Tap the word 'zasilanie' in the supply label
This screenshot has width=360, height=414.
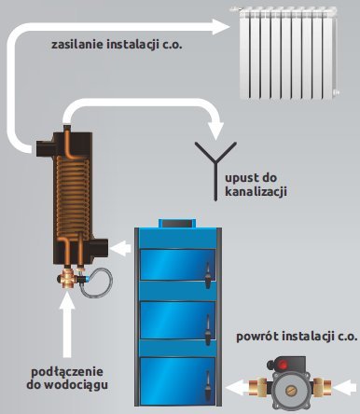point(78,44)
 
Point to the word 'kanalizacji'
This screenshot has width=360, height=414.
point(256,191)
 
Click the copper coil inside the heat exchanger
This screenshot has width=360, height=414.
point(74,200)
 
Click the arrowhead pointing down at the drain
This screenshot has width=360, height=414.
point(217,121)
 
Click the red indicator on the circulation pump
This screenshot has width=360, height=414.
point(288,383)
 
